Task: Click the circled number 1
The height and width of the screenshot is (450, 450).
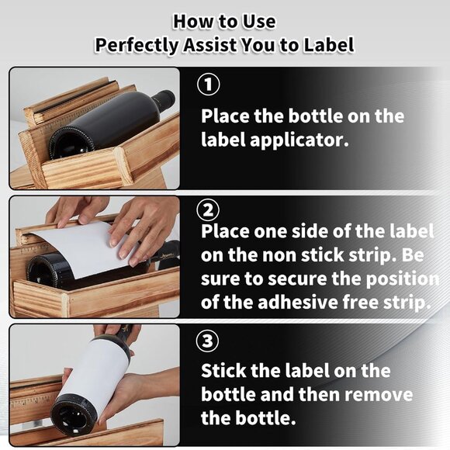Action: coord(210,85)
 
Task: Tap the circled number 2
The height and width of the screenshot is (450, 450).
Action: coord(210,210)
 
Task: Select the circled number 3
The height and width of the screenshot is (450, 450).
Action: coord(210,341)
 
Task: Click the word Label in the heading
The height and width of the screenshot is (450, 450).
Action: coord(328,45)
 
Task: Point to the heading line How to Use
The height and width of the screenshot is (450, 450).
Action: coord(224,20)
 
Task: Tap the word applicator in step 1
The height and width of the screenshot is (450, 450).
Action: coord(295,141)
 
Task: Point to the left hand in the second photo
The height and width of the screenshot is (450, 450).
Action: coord(74,210)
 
